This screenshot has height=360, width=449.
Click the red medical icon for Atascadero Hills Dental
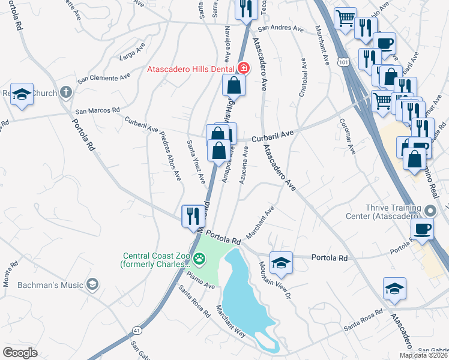pyautogui.click(x=244, y=68)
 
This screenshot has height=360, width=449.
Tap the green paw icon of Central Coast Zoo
pyautogui.click(x=199, y=259)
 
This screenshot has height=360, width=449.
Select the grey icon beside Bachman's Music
pyautogui.click(x=92, y=284)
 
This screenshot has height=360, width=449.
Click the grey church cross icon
pyautogui.click(x=66, y=93)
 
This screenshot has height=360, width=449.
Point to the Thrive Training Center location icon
pyautogui.click(x=429, y=211)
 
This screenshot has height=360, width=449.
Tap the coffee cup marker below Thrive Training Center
pyautogui.click(x=422, y=229)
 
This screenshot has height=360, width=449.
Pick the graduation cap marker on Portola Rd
pyautogui.click(x=280, y=262)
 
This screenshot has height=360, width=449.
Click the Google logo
pyautogui.click(x=20, y=352)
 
